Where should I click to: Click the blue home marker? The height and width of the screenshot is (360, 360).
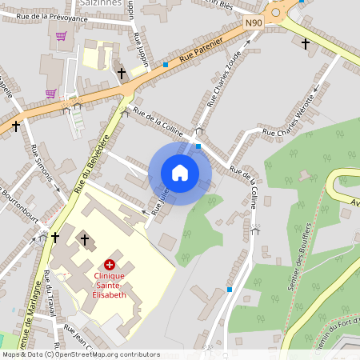180,173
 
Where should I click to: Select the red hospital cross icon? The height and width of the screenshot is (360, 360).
109,263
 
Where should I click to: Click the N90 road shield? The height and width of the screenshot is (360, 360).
254,25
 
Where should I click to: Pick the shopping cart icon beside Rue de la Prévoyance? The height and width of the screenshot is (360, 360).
62,36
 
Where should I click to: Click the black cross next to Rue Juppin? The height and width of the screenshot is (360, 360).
122,74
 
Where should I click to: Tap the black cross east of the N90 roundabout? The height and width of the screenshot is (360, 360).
306,44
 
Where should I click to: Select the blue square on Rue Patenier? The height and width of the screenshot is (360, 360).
166,64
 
